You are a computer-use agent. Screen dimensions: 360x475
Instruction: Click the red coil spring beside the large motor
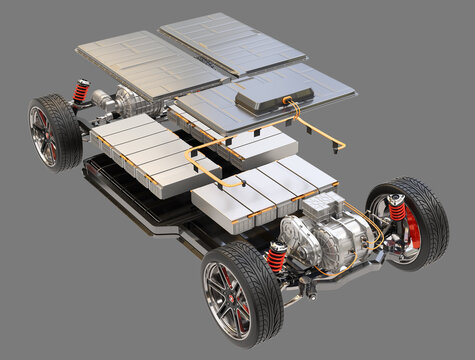coord(276,257)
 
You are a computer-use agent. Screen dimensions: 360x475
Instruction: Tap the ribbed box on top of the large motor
coord(322,205)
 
